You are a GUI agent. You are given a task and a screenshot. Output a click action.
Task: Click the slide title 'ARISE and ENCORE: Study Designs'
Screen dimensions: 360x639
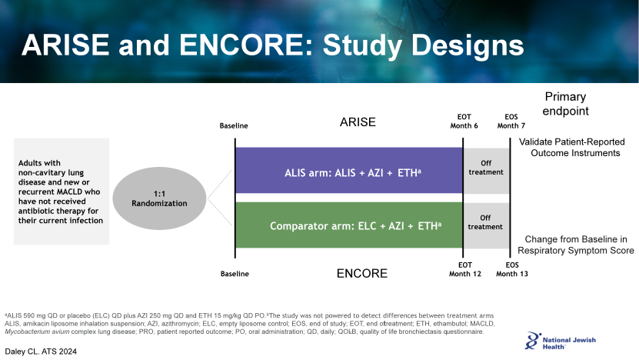pos(273,45)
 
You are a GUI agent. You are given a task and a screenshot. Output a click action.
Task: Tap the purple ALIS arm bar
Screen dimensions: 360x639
pos(349,170)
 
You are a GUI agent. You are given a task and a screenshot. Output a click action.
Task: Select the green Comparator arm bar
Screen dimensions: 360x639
pos(349,225)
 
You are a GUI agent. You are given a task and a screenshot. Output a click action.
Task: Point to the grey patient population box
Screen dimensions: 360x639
pos(62,192)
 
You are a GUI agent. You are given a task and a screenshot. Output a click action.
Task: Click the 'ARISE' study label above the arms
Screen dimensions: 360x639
pos(358,122)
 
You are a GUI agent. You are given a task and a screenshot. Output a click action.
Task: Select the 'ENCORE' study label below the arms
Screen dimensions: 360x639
pos(362,273)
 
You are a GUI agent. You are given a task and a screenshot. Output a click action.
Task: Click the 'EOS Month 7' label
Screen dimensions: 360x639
pos(511,121)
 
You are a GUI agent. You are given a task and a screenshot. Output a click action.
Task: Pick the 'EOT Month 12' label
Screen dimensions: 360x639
pos(464,269)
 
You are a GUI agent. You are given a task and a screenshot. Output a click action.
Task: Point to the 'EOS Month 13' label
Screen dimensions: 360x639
pos(512,269)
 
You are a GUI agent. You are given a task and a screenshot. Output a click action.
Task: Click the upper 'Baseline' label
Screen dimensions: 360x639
pos(234,125)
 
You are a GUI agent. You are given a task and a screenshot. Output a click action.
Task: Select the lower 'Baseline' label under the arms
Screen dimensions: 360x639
pos(234,274)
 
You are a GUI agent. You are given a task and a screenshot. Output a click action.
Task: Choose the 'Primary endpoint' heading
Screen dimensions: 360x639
pos(565,104)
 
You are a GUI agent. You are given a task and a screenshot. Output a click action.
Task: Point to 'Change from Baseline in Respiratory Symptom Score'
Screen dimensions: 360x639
pos(575,245)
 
